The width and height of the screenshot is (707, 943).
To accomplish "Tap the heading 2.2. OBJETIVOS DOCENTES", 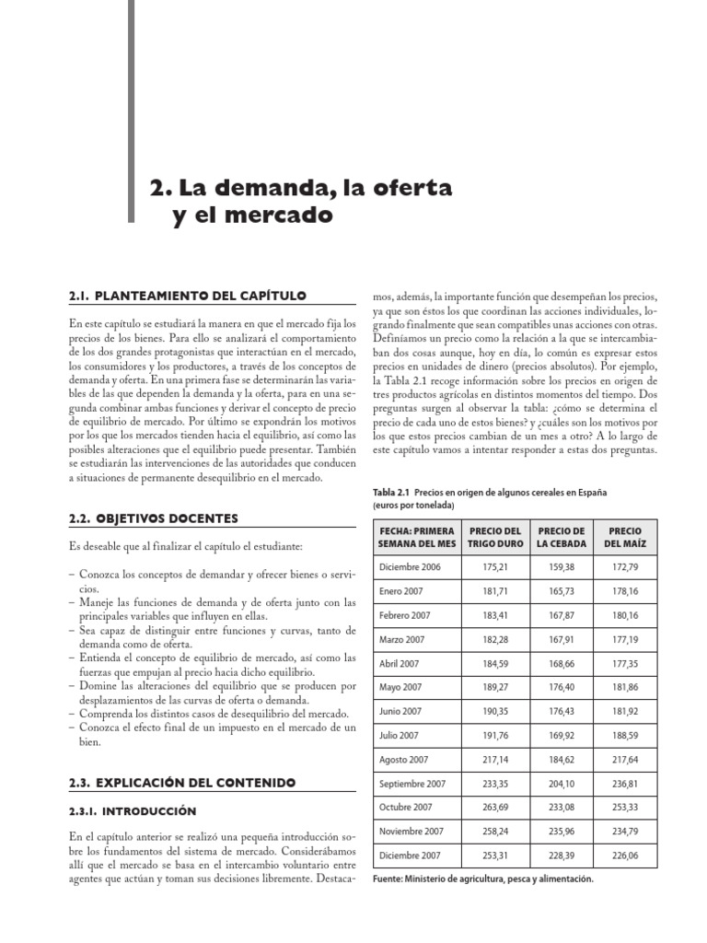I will tap(153, 518).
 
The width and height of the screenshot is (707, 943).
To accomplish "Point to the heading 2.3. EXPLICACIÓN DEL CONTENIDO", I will tap(182, 782).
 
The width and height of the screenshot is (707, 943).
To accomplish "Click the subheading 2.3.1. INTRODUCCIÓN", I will tap(133, 811).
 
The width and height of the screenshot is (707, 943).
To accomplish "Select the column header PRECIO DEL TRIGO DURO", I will tap(494, 537).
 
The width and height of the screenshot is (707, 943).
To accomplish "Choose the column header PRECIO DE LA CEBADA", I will tap(562, 537).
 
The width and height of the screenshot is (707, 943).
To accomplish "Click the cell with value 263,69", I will tap(494, 808).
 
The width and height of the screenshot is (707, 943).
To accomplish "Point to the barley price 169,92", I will tap(562, 735).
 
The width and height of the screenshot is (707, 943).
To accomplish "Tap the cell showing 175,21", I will tap(494, 565).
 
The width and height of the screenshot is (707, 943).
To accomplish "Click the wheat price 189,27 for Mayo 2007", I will tap(494, 687).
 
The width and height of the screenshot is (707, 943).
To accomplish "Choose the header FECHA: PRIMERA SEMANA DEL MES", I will tap(416, 537).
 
